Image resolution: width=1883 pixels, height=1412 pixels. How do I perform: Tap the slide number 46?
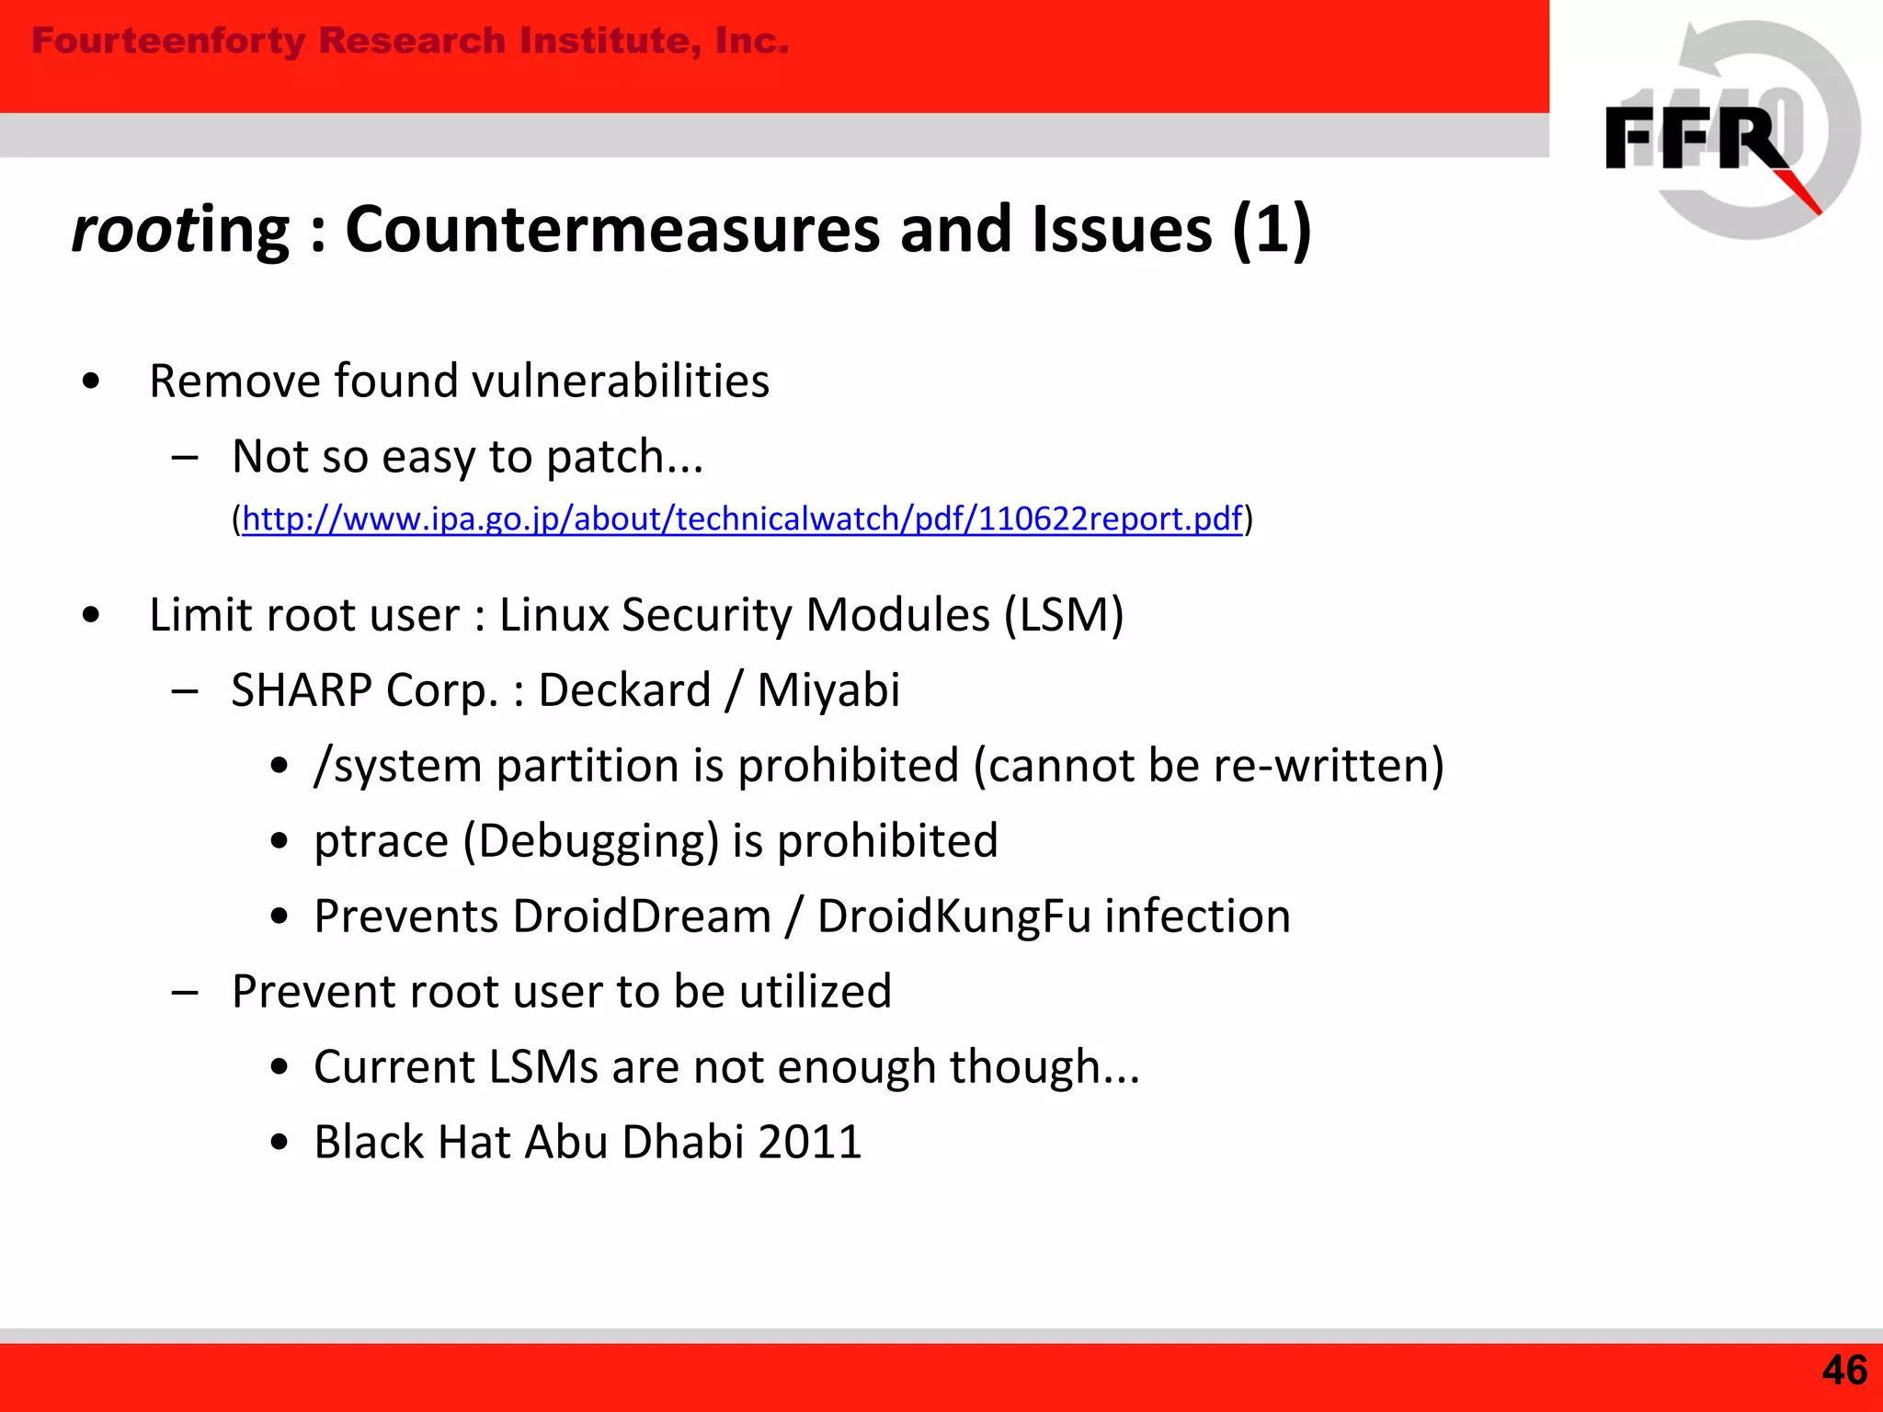[x=1843, y=1371]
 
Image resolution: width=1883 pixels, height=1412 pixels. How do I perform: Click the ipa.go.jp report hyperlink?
[x=741, y=519]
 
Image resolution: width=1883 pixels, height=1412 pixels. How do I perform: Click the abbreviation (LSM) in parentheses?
[x=1064, y=614]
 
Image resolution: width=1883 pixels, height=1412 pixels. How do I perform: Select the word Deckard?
[x=624, y=689]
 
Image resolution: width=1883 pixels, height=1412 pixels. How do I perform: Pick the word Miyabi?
[x=827, y=689]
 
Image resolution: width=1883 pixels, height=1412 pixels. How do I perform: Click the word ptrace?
[x=381, y=841]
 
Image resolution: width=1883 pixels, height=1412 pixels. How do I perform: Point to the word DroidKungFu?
[x=954, y=917]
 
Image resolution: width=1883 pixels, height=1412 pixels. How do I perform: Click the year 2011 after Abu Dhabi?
[x=810, y=1142]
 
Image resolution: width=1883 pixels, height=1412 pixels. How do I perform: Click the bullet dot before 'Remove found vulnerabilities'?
[x=90, y=381]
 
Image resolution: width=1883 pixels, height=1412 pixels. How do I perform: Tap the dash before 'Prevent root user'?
[x=185, y=992]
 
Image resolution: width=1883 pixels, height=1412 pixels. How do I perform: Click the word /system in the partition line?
[x=397, y=766]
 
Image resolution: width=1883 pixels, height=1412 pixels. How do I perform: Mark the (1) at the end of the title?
[x=1271, y=230]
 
